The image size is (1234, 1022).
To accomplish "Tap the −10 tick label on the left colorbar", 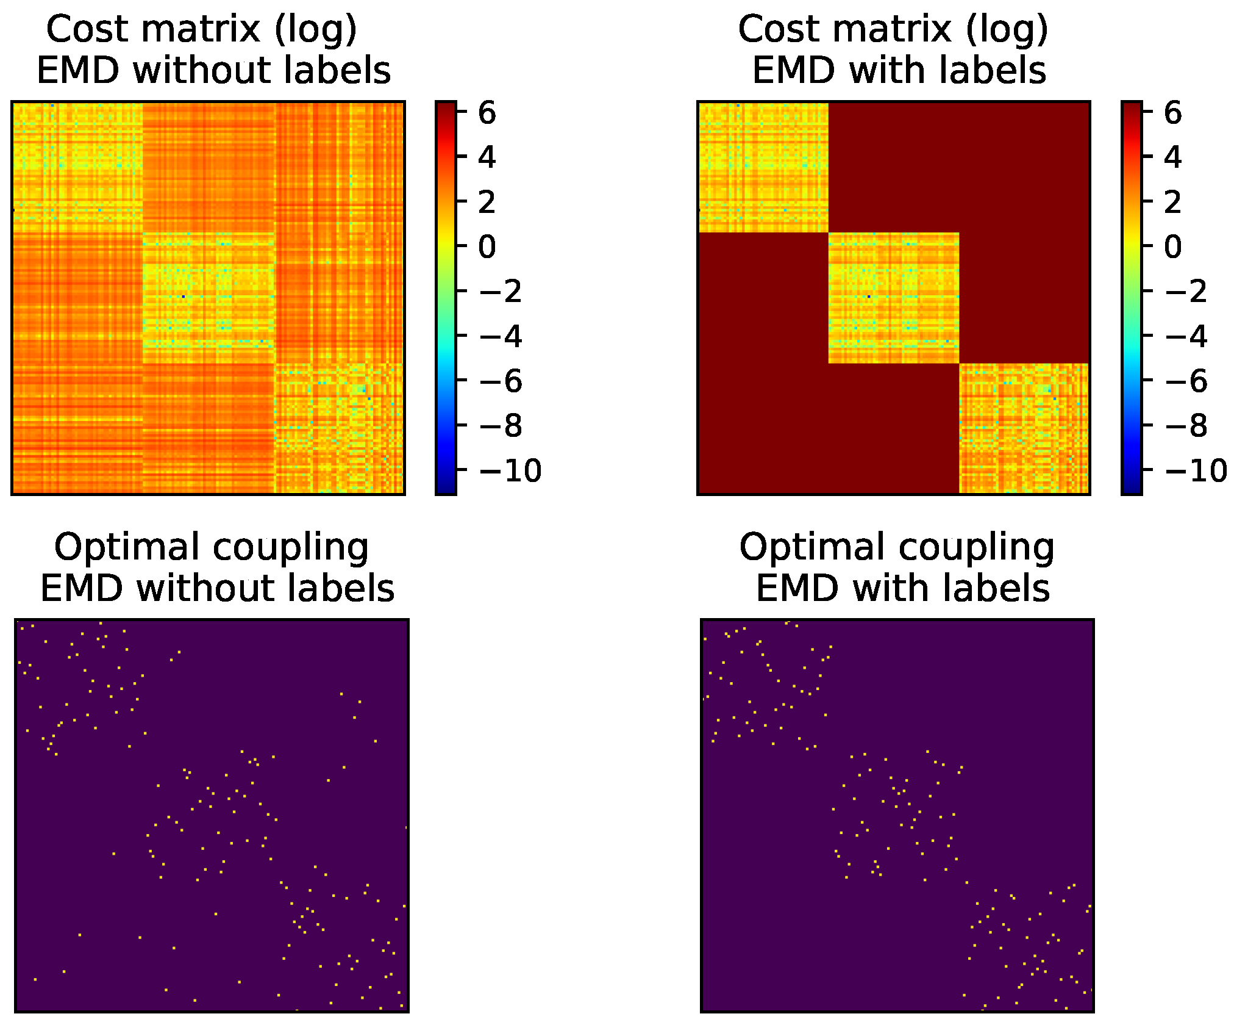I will tap(510, 470).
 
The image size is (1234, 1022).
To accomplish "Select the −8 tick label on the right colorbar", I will tap(1185, 426).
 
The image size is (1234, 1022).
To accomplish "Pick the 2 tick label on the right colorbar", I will tap(1172, 202).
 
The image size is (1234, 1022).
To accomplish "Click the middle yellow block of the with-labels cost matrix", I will tap(894, 298).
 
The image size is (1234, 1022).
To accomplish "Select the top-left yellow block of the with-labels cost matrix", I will tap(763, 167).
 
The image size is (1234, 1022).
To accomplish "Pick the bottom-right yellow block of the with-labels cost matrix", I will tap(1024, 428).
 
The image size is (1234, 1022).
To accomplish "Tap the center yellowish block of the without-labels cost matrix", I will tap(209, 298).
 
